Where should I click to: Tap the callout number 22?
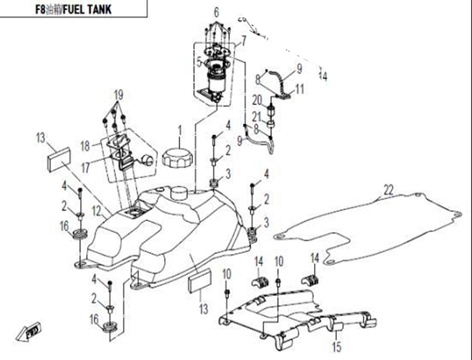click(388, 190)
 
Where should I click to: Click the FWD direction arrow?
click(29, 332)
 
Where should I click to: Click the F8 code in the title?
click(40, 9)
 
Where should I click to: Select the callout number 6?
click(216, 12)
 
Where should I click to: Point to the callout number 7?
click(244, 41)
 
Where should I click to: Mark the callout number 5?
click(198, 62)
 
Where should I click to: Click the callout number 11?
click(300, 90)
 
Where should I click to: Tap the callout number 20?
click(257, 100)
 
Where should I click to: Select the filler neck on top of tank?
click(179, 193)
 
